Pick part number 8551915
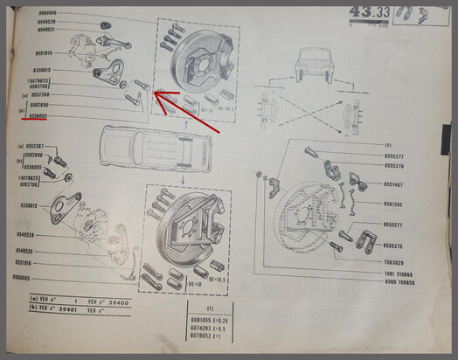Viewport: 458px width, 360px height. tap(40, 53)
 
